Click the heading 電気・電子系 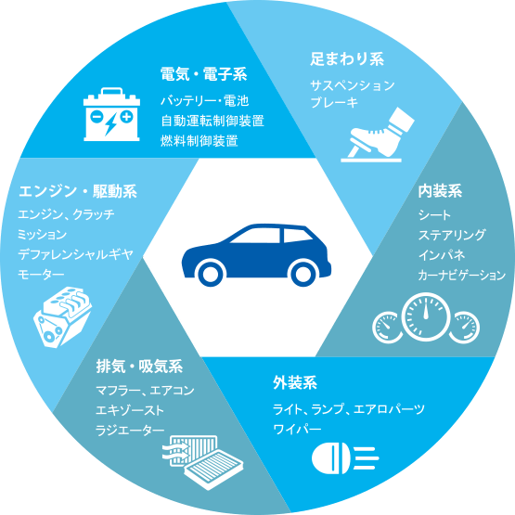(203, 74)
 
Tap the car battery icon (111, 114)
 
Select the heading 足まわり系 (347, 59)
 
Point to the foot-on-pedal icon (378, 135)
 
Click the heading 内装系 (440, 191)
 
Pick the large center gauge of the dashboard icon (426, 316)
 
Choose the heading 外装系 (295, 382)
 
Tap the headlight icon (345, 458)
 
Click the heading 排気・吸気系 (139, 367)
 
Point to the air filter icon (203, 461)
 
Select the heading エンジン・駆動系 (78, 191)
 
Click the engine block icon (62, 316)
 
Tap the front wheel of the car (211, 273)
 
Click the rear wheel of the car (303, 273)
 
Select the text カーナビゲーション (462, 275)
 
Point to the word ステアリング (452, 235)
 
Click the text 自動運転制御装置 (212, 121)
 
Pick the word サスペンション (353, 85)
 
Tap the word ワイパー (297, 429)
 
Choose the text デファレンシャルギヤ (75, 254)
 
